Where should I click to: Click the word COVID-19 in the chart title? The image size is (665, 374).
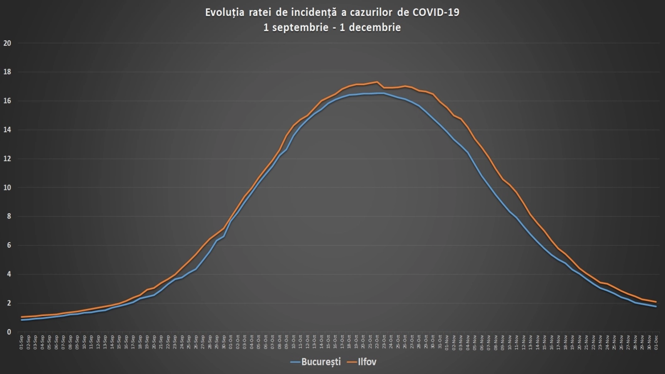click(436, 12)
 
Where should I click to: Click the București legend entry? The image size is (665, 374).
click(320, 362)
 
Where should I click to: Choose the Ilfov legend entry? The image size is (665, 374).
click(367, 362)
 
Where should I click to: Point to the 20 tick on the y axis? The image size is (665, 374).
click(7, 43)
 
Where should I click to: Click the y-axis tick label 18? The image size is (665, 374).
click(7, 72)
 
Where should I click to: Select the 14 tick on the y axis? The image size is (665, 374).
click(7, 130)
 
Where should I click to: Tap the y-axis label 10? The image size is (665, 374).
click(7, 187)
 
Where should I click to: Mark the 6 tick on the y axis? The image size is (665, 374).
click(9, 245)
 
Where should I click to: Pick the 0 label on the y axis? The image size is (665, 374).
click(9, 332)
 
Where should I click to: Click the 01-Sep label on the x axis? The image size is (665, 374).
click(21, 342)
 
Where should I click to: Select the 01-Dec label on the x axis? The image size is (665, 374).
click(656, 342)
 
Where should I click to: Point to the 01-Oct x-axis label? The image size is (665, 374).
click(231, 342)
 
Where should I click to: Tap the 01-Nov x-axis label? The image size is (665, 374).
click(447, 342)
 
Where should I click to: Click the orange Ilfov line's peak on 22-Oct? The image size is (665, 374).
click(377, 82)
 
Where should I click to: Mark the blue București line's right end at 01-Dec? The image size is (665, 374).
click(656, 306)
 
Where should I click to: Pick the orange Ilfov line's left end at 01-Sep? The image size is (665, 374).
click(22, 317)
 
